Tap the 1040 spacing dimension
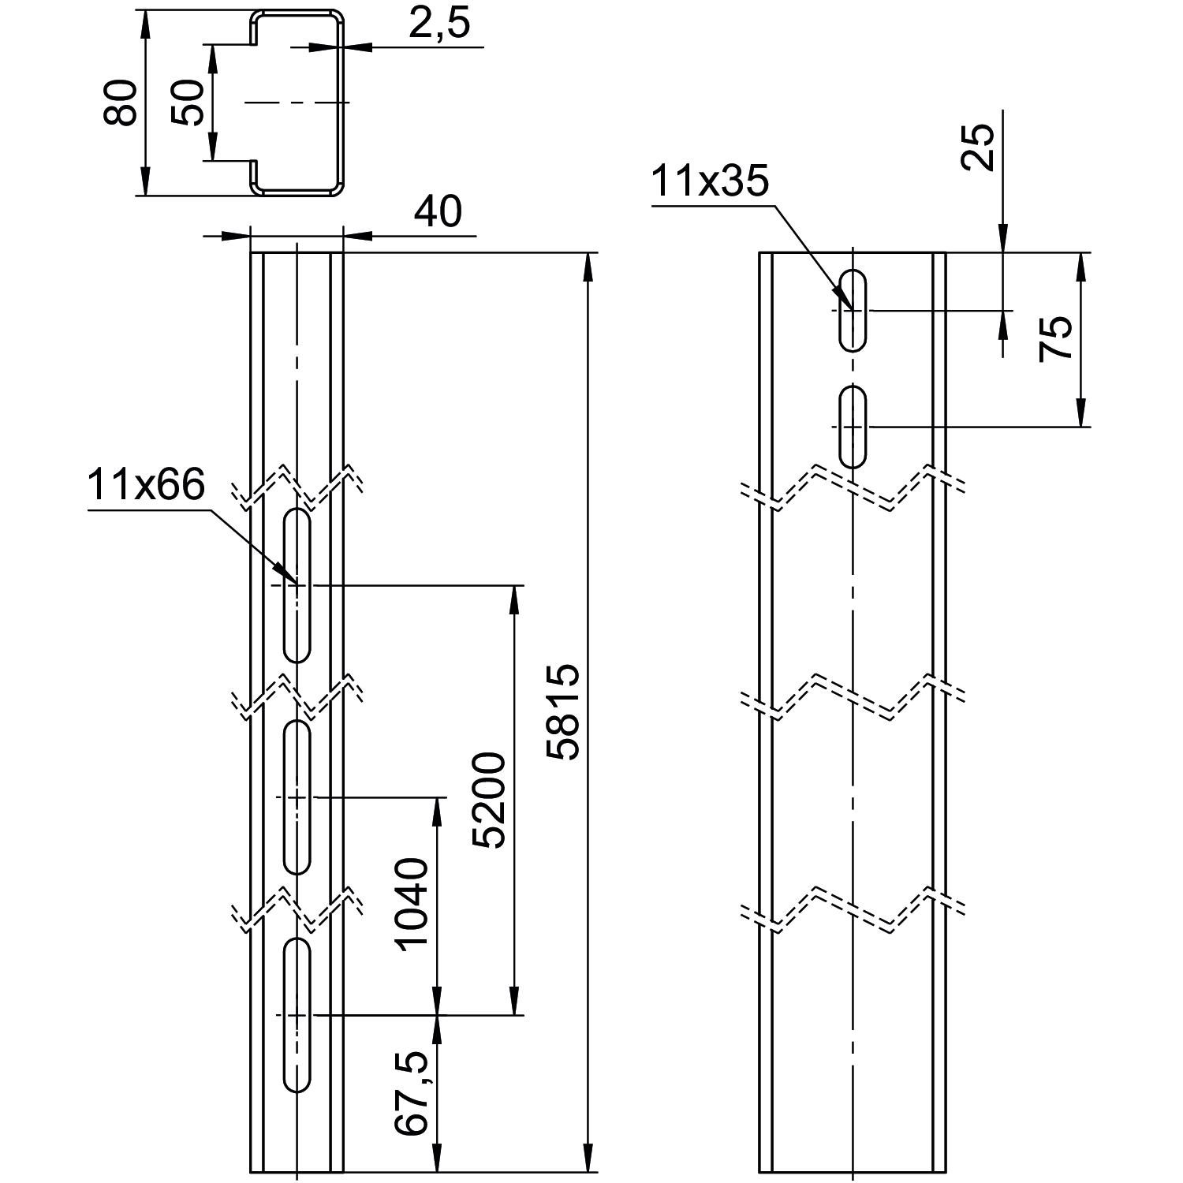pos(412,905)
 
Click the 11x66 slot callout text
pos(146,485)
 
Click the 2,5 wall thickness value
pos(438,24)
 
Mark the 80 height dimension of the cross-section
pos(121,103)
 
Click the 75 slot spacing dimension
pos(1055,338)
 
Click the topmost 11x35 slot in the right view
pos(853,310)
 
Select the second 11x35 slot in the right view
pos(853,426)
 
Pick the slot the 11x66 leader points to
pos(297,585)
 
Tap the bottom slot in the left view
pos(297,1015)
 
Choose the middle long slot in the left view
pos(297,797)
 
